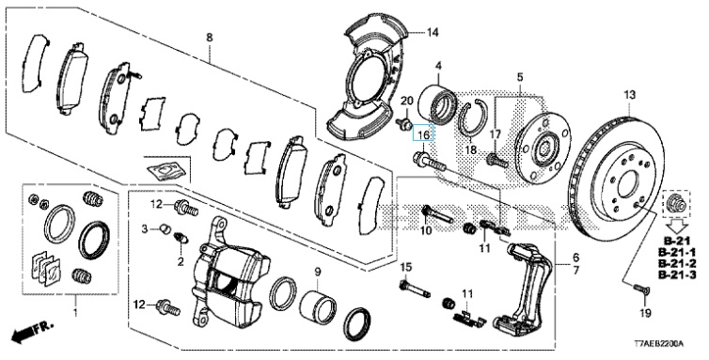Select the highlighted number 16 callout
[423, 134]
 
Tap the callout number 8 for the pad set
[210, 37]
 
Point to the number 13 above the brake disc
[629, 95]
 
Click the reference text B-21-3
[677, 274]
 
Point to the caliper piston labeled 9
[317, 306]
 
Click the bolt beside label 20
[403, 122]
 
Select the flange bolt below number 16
[429, 163]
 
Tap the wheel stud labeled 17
[496, 160]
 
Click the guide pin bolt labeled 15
[415, 289]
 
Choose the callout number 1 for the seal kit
[75, 312]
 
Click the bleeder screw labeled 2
[181, 238]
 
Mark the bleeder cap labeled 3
[165, 229]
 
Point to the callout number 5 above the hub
[520, 77]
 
